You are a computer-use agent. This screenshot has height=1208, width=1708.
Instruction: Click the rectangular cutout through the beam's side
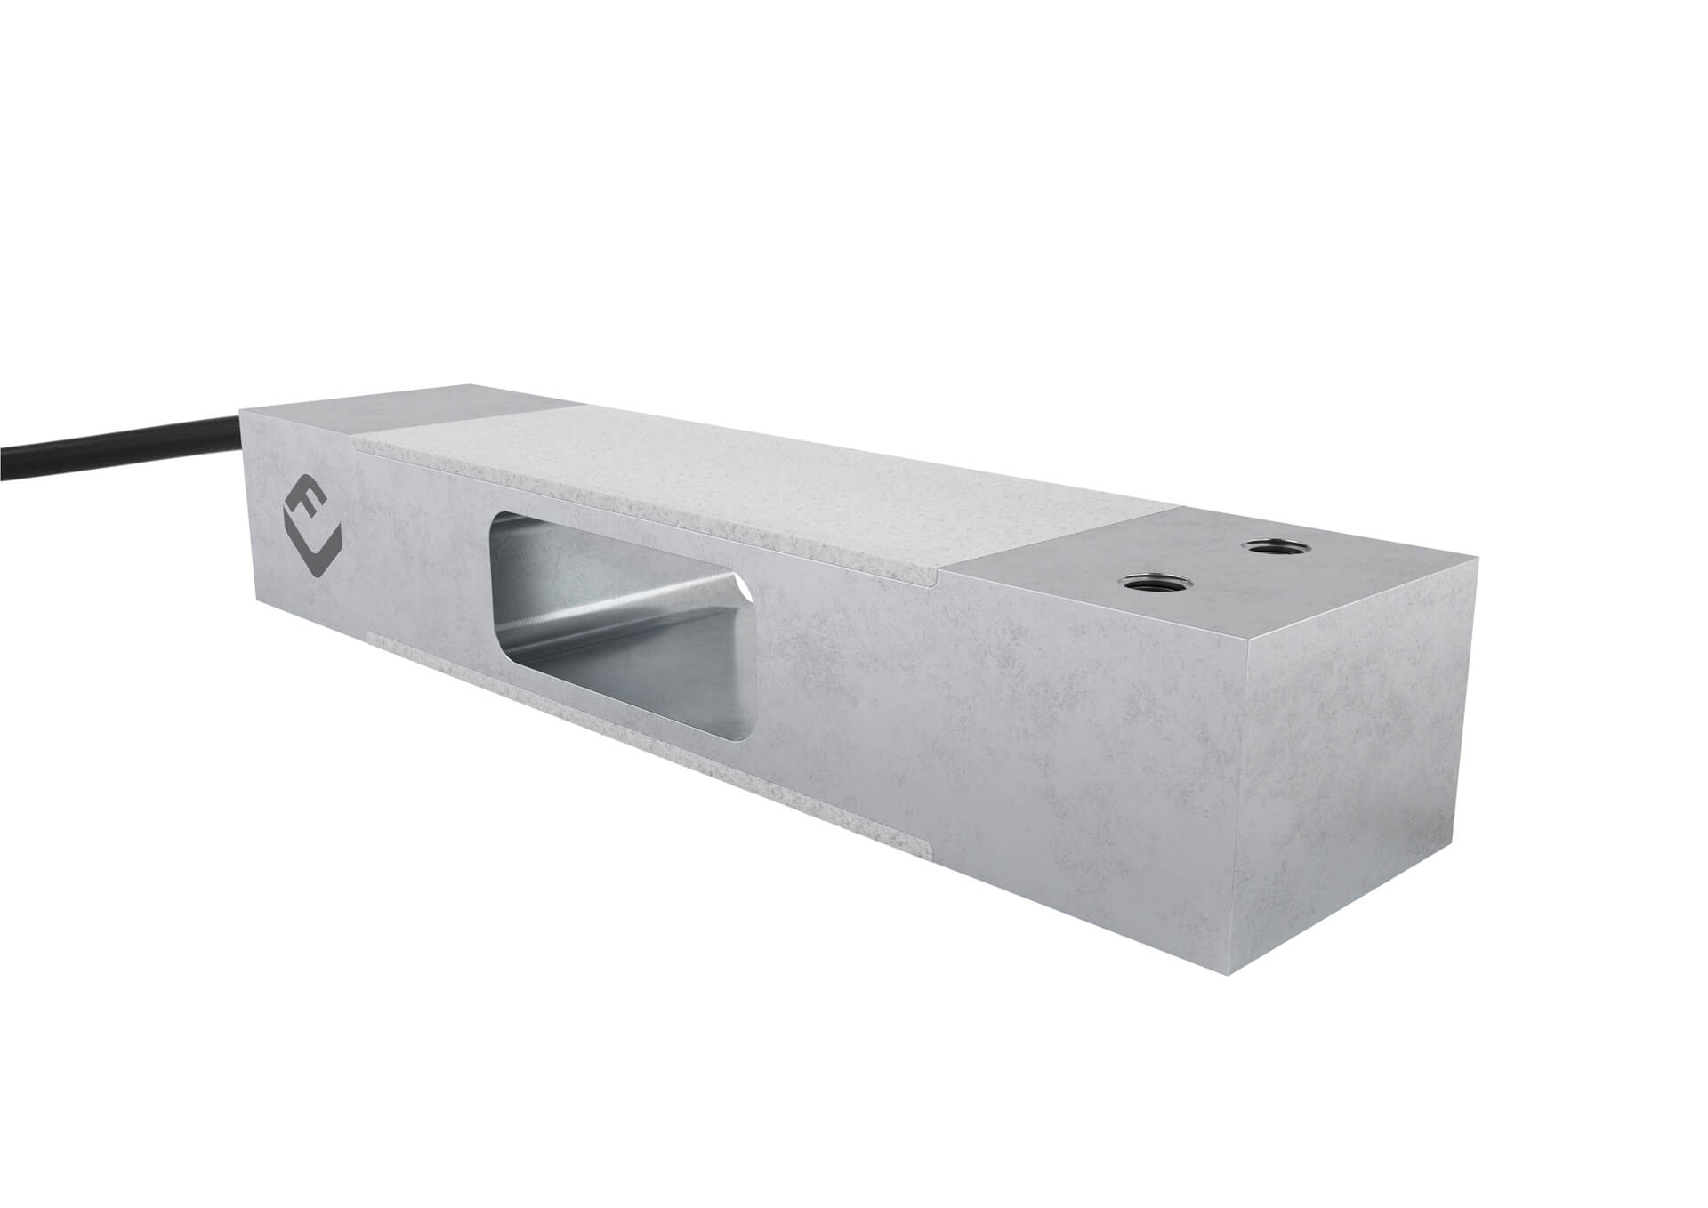tap(623, 623)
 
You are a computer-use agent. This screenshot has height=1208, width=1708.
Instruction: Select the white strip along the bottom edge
tap(649, 729)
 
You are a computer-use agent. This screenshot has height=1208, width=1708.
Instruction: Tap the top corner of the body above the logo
tap(242, 411)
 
